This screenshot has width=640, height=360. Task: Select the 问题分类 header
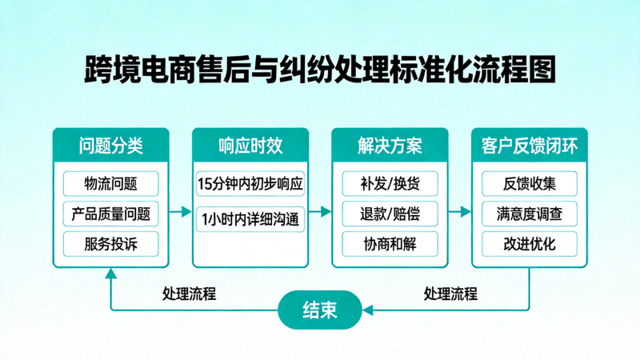pyautogui.click(x=110, y=146)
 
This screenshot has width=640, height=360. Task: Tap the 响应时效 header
pyautogui.click(x=250, y=146)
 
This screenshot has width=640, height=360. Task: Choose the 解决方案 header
pyautogui.click(x=390, y=146)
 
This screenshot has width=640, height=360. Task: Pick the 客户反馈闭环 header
pyautogui.click(x=529, y=146)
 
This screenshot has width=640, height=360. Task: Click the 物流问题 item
pyautogui.click(x=110, y=183)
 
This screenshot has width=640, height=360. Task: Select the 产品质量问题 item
pyautogui.click(x=110, y=214)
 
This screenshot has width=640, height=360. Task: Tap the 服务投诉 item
pyautogui.click(x=110, y=244)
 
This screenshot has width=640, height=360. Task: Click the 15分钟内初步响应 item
pyautogui.click(x=250, y=183)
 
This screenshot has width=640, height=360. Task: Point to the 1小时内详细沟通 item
pyautogui.click(x=250, y=218)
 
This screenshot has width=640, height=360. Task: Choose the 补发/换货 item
pyautogui.click(x=390, y=183)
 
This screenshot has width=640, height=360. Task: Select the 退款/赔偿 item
pyautogui.click(x=390, y=214)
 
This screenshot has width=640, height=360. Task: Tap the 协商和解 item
pyautogui.click(x=390, y=244)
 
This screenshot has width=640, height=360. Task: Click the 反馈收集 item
pyautogui.click(x=529, y=183)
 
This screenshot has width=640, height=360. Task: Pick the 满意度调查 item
pyautogui.click(x=529, y=214)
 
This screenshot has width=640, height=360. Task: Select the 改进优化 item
pyautogui.click(x=529, y=244)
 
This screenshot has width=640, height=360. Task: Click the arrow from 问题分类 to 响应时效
pyautogui.click(x=181, y=212)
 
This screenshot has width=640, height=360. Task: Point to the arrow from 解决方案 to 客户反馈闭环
pyautogui.click(x=459, y=212)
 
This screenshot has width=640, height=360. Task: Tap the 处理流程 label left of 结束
pyautogui.click(x=189, y=294)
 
